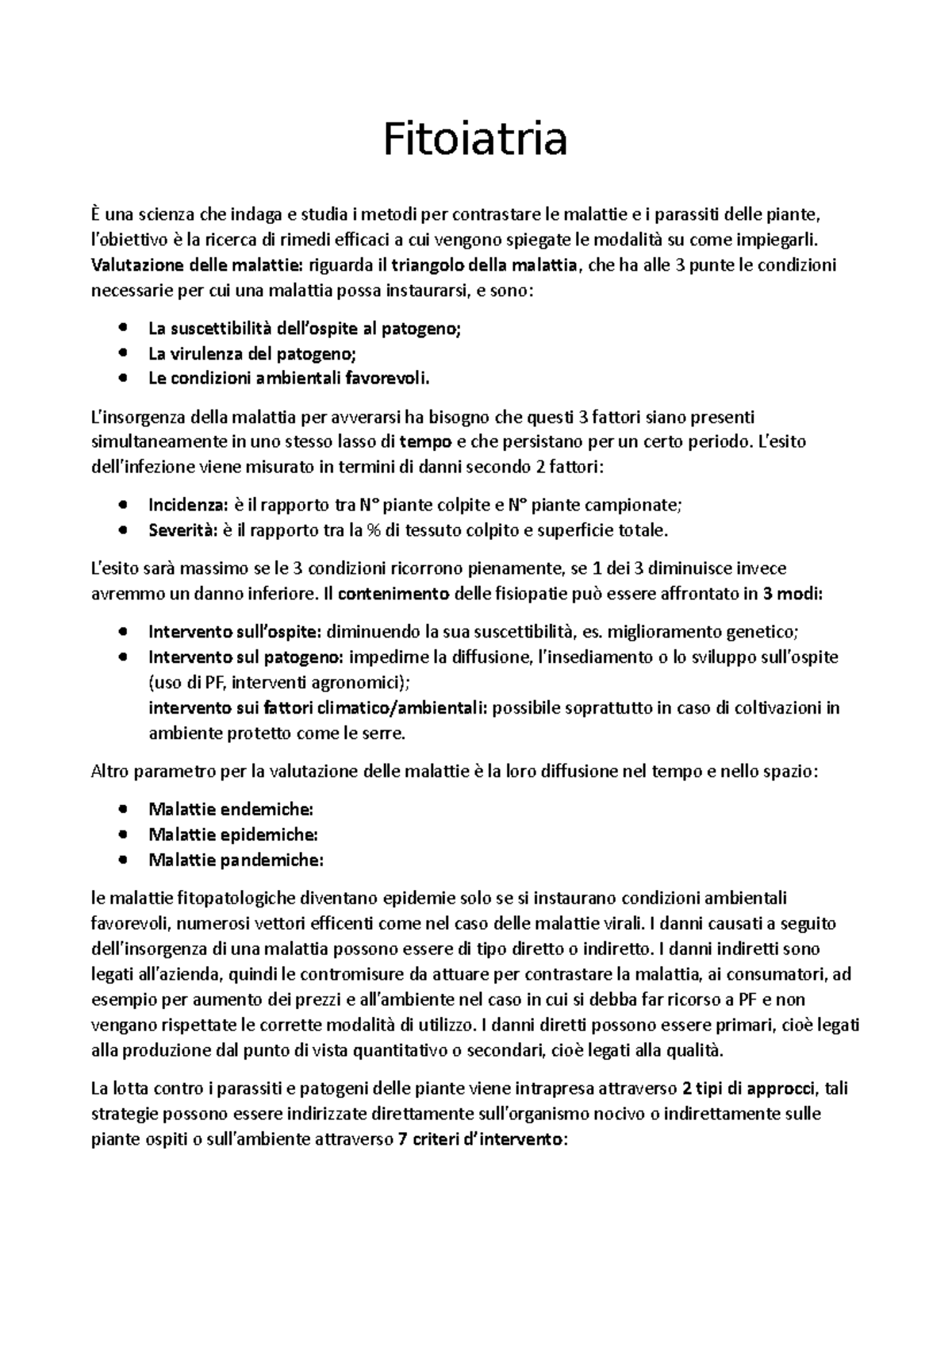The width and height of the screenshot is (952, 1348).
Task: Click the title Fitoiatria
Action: (x=475, y=140)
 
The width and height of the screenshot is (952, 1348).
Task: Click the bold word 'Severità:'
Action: (x=182, y=530)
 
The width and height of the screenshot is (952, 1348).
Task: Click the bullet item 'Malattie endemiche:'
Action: (x=231, y=810)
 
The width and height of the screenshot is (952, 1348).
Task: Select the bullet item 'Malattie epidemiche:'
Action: (x=233, y=835)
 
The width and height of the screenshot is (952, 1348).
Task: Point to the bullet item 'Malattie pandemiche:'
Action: (x=236, y=861)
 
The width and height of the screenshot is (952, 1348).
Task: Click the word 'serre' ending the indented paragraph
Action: (x=383, y=734)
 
